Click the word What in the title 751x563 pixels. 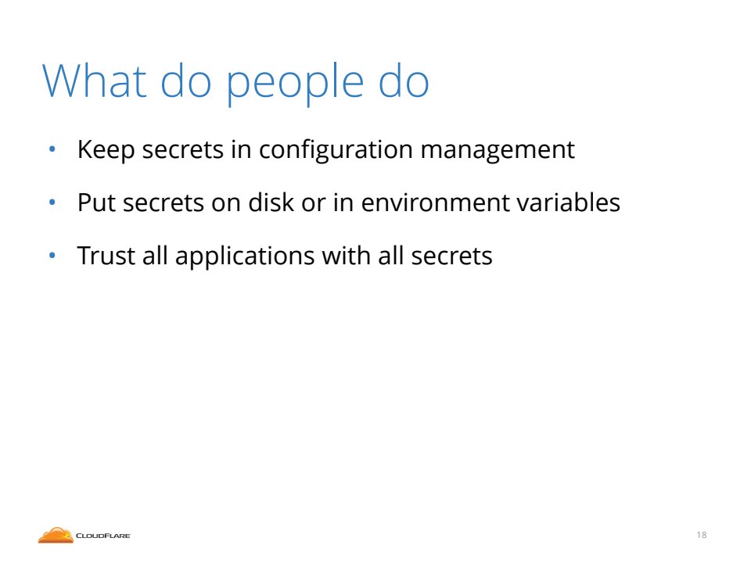point(95,81)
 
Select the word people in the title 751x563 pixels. point(295,84)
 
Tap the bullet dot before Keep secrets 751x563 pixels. point(52,149)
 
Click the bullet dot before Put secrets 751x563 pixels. point(52,203)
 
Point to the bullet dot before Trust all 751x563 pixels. point(52,256)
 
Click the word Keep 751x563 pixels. point(106,150)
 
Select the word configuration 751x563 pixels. point(336,150)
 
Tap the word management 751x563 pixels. point(498,151)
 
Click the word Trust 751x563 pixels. point(106,255)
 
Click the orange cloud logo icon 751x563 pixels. point(56,535)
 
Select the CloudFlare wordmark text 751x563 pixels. point(103,536)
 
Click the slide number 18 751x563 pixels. point(702,535)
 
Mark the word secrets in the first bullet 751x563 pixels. point(183,150)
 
